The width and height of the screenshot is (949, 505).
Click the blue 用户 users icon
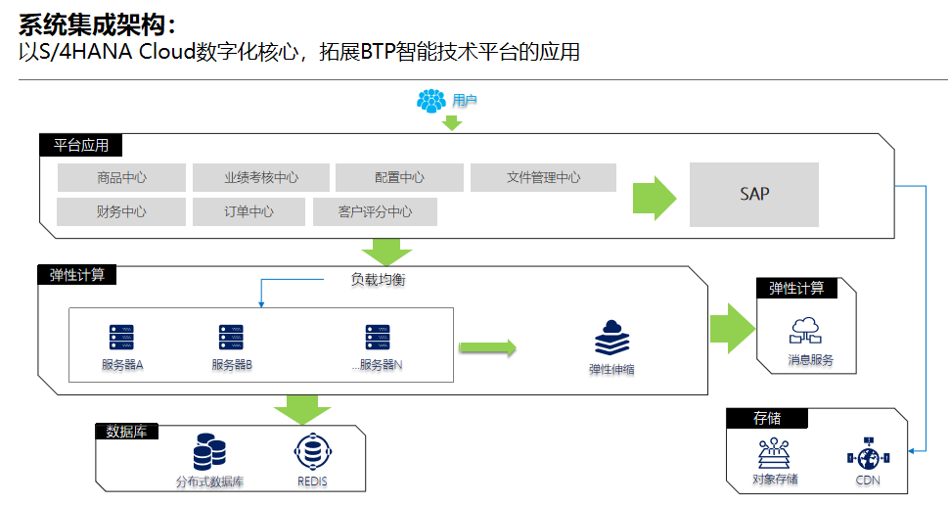[x=431, y=100]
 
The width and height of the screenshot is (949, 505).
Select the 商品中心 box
[x=121, y=177]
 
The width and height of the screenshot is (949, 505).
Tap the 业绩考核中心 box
[x=260, y=177]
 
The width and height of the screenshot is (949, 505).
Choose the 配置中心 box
[x=399, y=177]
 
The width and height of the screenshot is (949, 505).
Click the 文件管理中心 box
[x=543, y=177]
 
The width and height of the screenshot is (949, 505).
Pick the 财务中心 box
[x=121, y=211]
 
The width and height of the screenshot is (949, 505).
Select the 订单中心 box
[x=249, y=211]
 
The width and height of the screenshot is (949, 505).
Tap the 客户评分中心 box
[x=375, y=211]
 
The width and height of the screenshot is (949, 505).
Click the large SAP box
[x=753, y=194]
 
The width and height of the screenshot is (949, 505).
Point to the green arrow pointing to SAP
[x=655, y=199]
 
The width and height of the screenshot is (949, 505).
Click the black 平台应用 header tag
[x=81, y=146]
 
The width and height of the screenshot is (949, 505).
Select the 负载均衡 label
[x=378, y=280]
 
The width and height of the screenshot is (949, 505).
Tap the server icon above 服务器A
[x=121, y=338]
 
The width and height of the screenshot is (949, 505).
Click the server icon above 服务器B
[x=231, y=338]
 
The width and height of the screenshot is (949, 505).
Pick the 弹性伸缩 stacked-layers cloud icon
[x=611, y=339]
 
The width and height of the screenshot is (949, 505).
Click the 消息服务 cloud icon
[x=807, y=330]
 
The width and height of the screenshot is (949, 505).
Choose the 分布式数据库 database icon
[x=209, y=452]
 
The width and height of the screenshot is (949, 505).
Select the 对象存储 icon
[x=775, y=453]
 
